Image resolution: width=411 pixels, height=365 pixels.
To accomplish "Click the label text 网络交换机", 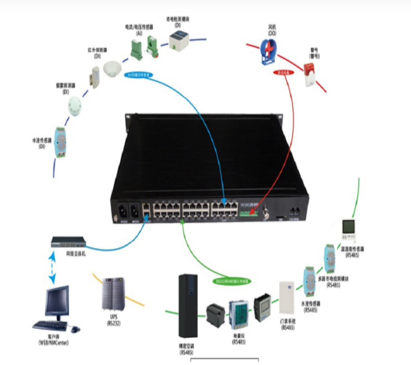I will tap(76, 254).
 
